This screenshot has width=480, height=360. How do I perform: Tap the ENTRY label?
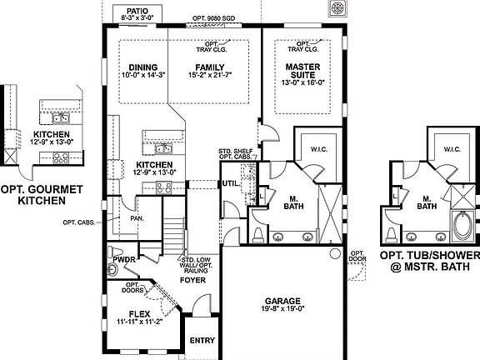pyautogui.click(x=202, y=340)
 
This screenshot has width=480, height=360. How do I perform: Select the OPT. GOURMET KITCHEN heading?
pyautogui.click(x=42, y=194)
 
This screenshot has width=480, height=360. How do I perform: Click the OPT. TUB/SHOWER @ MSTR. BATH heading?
pyautogui.click(x=430, y=260)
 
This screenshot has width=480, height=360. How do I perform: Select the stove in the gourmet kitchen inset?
pyautogui.click(x=61, y=156)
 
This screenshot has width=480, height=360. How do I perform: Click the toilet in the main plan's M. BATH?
pyautogui.click(x=257, y=231)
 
